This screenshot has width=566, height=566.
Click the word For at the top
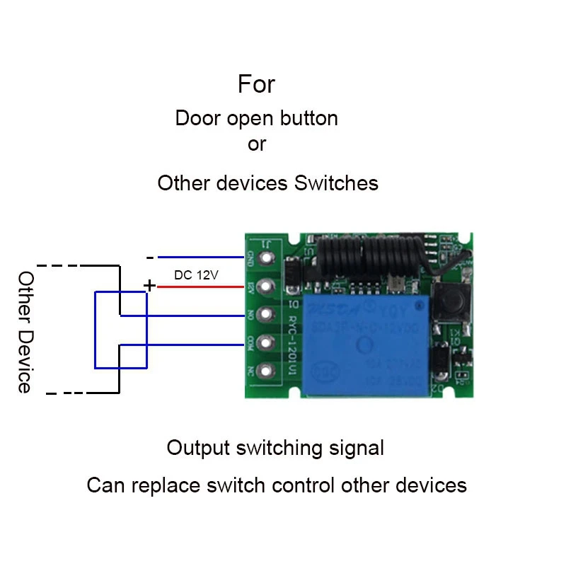256,85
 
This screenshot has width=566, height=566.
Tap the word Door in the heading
198,118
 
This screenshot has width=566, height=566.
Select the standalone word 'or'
256,144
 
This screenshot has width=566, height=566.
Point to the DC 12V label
197,275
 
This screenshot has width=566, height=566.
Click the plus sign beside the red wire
149,285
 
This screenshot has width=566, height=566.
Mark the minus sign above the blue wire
149,258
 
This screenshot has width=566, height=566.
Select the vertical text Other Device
25,332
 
